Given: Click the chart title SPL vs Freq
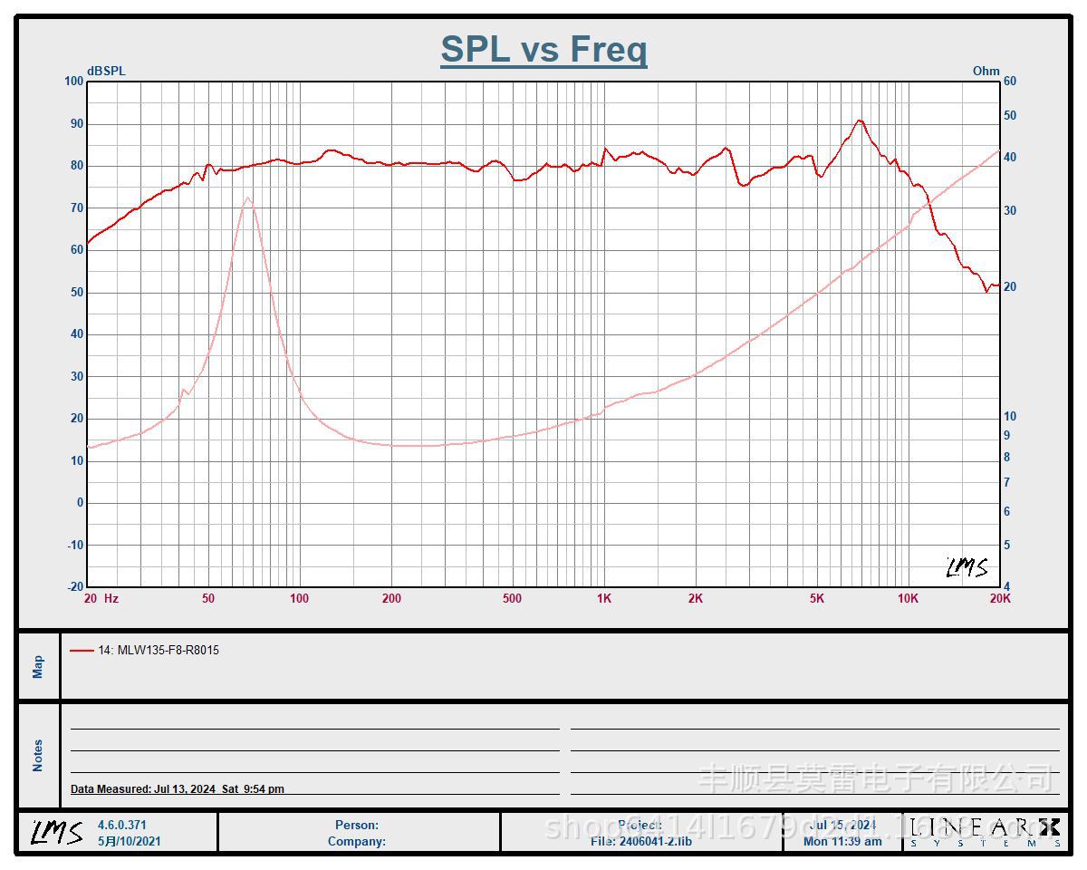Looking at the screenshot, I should (543, 49).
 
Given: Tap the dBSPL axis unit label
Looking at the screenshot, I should (106, 71).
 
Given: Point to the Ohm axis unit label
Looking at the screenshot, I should (986, 71).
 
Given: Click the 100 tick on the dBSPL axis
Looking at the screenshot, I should (73, 82).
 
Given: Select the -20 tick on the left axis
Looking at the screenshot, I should (73, 586).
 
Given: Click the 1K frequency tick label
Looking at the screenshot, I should (604, 598).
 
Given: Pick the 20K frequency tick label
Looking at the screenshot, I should (1000, 598).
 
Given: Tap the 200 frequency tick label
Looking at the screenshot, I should (391, 598).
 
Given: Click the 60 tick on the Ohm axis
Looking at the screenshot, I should (1010, 82).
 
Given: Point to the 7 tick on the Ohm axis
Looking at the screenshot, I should (1006, 483).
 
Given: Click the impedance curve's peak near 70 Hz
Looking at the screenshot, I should (247, 198).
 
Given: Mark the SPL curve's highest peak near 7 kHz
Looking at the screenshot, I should (860, 121).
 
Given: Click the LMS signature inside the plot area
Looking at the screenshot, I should (967, 567).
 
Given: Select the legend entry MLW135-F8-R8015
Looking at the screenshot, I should (159, 650).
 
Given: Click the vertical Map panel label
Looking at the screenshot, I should (38, 667).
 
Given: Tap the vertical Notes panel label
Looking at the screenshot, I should (38, 755).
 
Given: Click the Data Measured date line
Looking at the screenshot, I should (178, 789).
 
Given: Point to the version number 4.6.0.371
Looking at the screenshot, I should (122, 825).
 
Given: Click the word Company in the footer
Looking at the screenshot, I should (357, 841).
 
